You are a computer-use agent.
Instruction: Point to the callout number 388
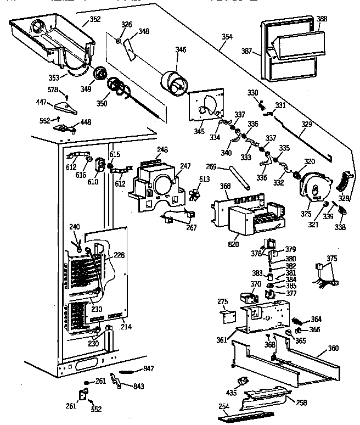(322, 19)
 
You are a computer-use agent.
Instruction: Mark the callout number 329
(306, 125)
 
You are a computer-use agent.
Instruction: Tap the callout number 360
(333, 349)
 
